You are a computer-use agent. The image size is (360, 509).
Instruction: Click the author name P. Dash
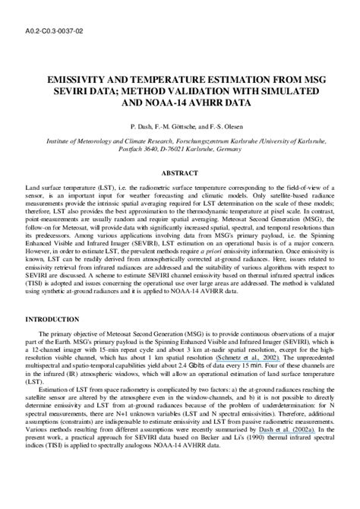coord(144,124)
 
